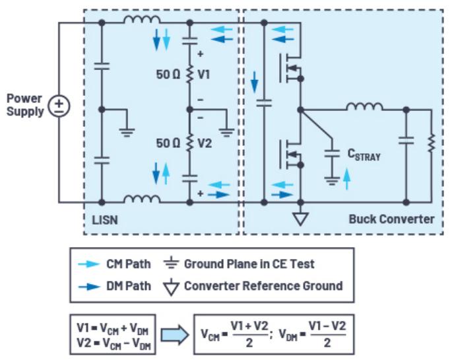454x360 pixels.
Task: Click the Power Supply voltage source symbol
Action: [59, 106]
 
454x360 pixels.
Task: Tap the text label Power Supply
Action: [25, 105]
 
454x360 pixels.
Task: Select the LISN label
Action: [105, 220]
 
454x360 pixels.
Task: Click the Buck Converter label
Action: [391, 219]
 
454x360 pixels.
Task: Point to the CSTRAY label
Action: [364, 155]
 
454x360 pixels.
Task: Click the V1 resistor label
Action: [204, 75]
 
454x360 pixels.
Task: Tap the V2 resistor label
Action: [205, 143]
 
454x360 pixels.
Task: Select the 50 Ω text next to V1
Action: [168, 75]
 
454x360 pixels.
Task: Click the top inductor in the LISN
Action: [142, 19]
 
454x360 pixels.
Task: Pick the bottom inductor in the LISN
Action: [142, 199]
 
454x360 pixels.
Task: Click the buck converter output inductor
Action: [364, 106]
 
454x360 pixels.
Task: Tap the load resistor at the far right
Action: [432, 143]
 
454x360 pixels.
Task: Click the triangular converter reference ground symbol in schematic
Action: [300, 219]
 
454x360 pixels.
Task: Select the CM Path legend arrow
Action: [89, 264]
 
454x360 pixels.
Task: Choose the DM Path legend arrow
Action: [89, 287]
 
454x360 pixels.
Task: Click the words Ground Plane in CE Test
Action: [249, 264]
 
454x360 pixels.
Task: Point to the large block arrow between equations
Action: [175, 335]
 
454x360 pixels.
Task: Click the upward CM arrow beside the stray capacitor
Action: [347, 180]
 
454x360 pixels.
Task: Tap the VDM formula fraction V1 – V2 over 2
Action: [327, 334]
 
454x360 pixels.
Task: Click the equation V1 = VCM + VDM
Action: [113, 328]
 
